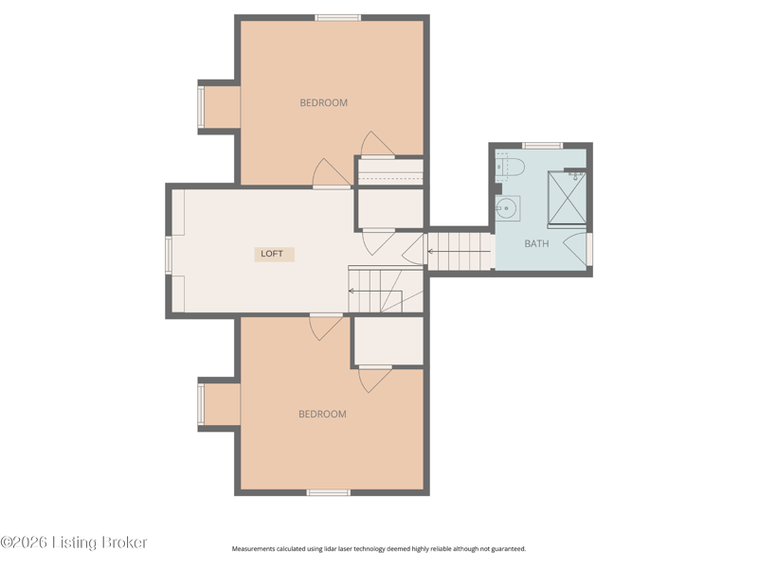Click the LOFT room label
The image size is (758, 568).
272,254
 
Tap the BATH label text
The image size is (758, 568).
536,243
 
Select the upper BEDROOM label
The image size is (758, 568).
323,102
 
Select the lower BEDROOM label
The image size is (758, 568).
322,414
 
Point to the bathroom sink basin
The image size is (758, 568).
507,208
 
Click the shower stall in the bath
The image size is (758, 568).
567,198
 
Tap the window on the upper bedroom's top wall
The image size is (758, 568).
338,18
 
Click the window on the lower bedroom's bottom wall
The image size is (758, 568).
329,492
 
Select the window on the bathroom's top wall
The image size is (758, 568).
542,146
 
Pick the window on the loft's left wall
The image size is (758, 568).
169,255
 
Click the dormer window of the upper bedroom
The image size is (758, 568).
201,107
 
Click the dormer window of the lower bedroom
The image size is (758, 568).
201,404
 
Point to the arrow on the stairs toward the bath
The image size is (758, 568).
459,252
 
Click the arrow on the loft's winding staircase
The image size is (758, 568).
375,291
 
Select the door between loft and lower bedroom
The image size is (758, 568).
326,327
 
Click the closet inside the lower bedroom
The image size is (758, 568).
388,341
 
